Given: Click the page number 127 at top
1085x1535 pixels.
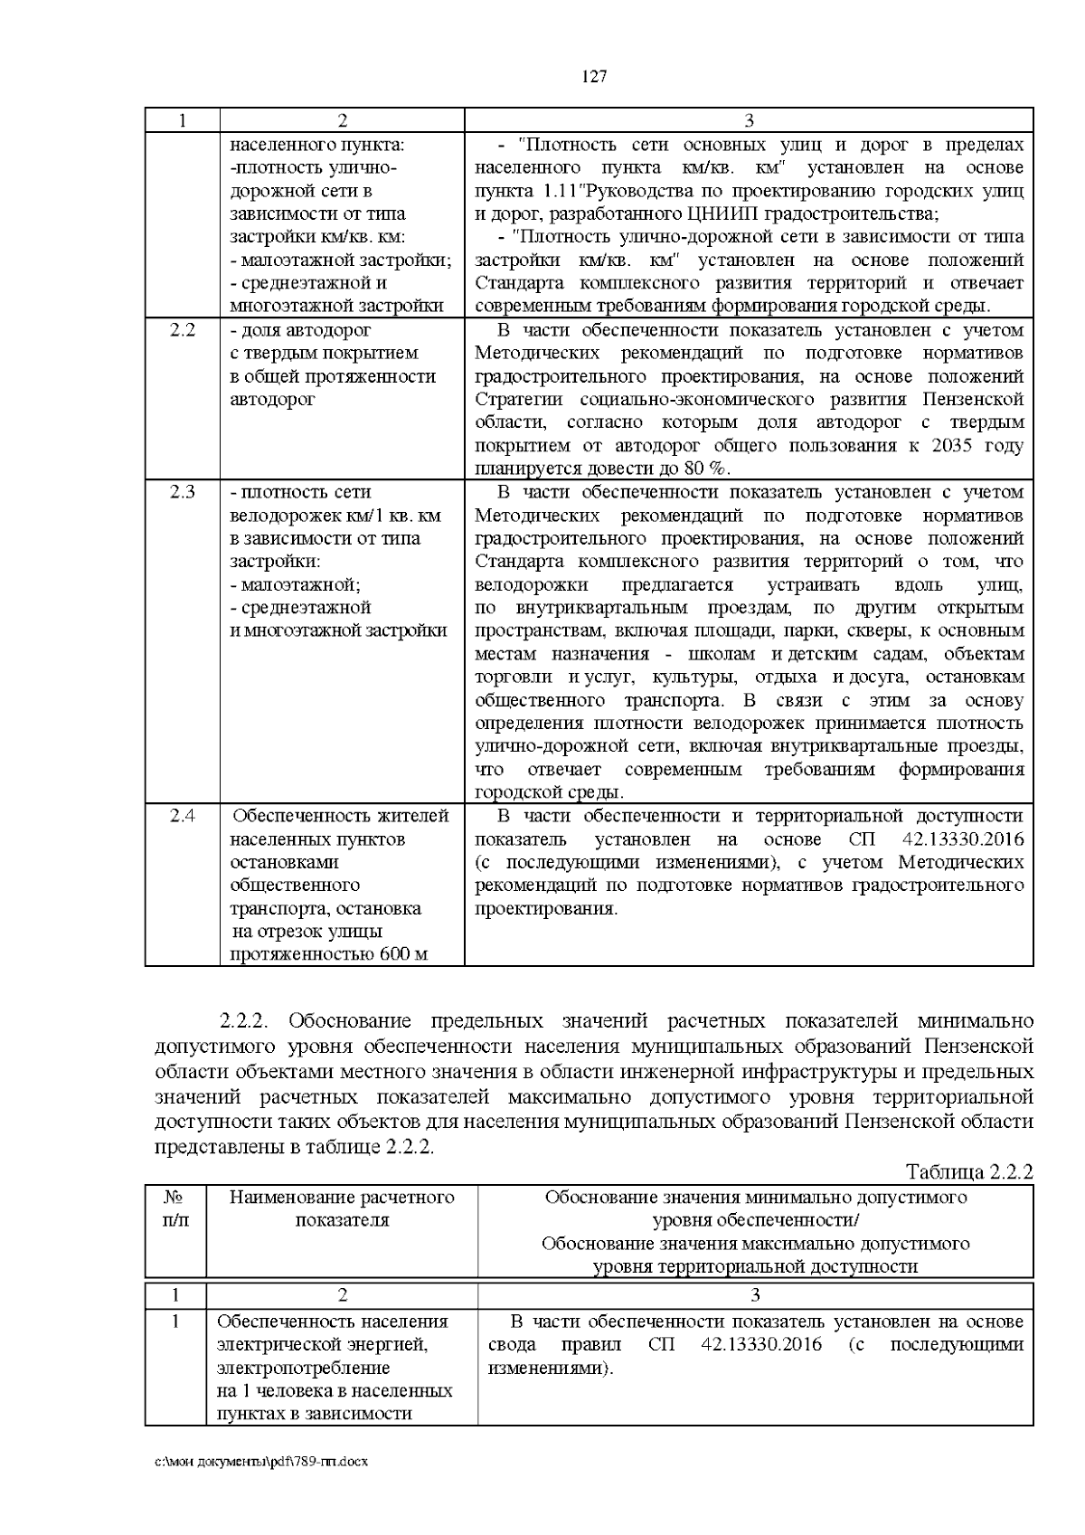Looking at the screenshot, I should point(593,76).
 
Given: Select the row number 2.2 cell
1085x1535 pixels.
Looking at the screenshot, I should point(182,330).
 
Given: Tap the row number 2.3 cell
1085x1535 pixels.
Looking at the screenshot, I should point(182,493).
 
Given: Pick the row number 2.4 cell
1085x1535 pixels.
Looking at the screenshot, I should point(182,816).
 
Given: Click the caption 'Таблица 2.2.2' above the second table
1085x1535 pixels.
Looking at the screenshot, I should point(968,1173).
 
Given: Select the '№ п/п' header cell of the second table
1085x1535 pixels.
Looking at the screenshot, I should point(175,1208).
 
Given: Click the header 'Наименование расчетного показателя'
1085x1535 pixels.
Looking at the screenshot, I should point(342,1208).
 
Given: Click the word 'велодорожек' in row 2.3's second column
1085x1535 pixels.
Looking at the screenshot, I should point(280,516).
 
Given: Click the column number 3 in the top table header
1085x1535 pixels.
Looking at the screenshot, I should point(749,120).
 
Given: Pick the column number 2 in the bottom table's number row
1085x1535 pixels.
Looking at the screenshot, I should point(342,1293).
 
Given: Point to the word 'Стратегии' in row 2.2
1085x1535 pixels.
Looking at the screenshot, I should point(519,400).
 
